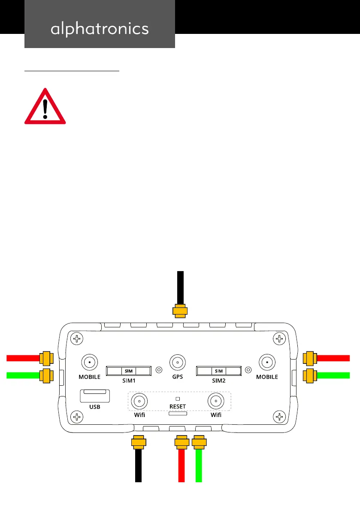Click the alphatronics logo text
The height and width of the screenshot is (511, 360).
click(x=100, y=29)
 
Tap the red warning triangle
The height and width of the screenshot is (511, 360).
click(x=45, y=108)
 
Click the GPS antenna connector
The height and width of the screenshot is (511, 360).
click(x=178, y=363)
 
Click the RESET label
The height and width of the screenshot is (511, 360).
click(x=178, y=406)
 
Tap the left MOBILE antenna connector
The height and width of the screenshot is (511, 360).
click(x=89, y=363)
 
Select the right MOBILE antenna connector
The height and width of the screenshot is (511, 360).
click(x=267, y=363)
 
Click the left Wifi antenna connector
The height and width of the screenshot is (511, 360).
click(x=139, y=402)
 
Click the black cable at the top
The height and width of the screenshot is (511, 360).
click(x=181, y=287)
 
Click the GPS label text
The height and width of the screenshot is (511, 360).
click(x=178, y=377)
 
